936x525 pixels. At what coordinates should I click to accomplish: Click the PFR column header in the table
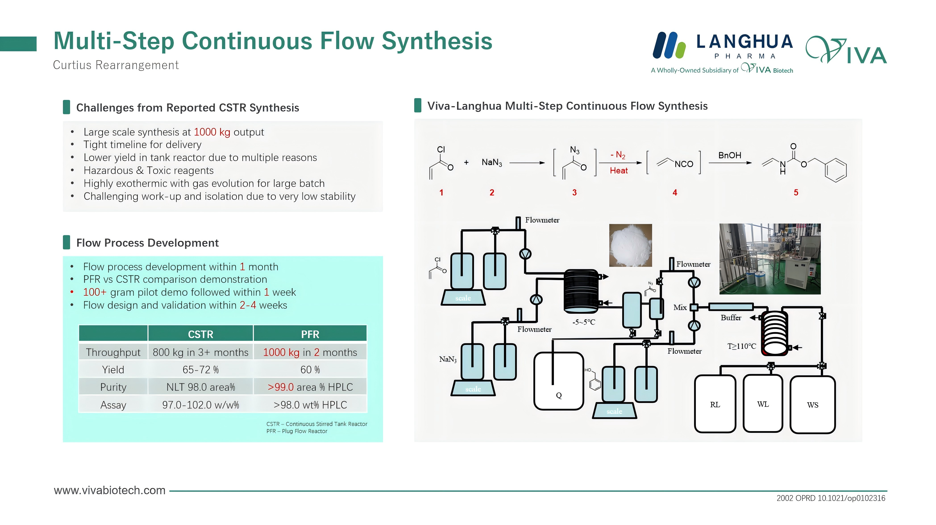tap(310, 334)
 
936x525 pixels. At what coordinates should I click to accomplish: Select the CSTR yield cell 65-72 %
tap(201, 370)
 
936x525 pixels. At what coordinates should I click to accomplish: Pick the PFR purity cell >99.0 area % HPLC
tap(310, 387)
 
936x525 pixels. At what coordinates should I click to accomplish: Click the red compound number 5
tap(796, 192)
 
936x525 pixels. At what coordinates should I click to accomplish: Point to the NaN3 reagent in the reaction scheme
tap(492, 162)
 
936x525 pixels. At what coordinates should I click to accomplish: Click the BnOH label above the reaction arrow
tap(730, 155)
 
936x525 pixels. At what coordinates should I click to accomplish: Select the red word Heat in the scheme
tap(618, 171)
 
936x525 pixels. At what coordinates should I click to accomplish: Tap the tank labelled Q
tap(558, 381)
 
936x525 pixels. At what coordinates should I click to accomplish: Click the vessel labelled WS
tap(812, 405)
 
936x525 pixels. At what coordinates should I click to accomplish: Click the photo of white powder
tap(630, 245)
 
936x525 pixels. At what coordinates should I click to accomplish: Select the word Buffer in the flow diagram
tap(731, 318)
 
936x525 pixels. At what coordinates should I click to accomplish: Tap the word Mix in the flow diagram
tap(680, 308)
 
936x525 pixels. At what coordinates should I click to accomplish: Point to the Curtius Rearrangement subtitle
tap(116, 65)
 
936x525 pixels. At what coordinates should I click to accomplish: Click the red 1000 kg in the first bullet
tap(212, 132)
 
